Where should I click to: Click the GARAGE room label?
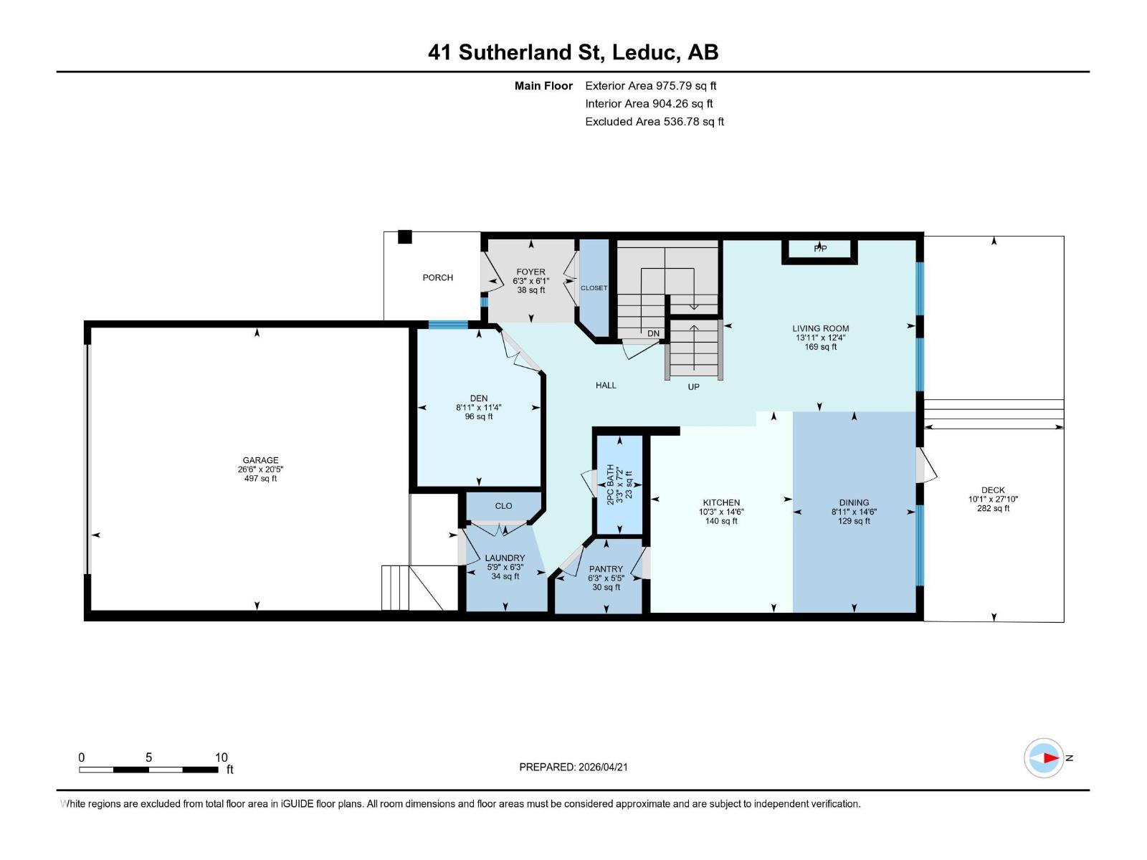(x=260, y=460)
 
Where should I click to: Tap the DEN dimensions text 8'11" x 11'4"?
(x=478, y=408)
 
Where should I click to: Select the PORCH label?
(x=437, y=277)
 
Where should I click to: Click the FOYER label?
(x=530, y=272)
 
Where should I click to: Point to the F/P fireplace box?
(x=820, y=249)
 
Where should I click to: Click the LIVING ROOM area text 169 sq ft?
(x=820, y=347)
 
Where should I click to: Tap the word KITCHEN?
(x=720, y=502)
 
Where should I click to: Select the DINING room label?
(x=854, y=502)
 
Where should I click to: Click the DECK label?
(x=993, y=490)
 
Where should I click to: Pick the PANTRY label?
(x=606, y=569)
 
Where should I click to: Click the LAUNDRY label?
(x=505, y=558)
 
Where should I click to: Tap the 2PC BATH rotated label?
(x=611, y=484)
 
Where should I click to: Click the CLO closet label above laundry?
(x=503, y=506)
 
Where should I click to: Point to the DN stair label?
(x=653, y=333)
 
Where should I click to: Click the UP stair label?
(x=693, y=386)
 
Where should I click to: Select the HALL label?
(x=606, y=385)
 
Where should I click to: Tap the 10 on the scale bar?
(x=221, y=758)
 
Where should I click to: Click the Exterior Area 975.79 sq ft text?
(x=650, y=85)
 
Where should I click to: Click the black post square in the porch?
(x=405, y=236)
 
